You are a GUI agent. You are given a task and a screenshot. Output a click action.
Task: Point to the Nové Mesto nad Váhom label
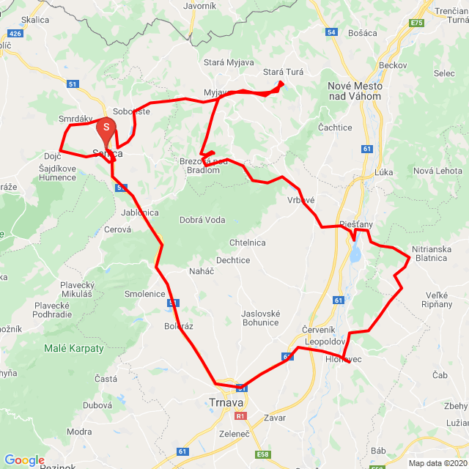tap(355, 91)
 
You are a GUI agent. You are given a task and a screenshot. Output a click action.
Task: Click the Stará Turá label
tap(284, 72)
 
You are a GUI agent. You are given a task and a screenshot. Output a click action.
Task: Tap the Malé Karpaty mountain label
tap(74, 348)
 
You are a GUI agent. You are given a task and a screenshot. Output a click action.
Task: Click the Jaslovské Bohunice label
tap(261, 318)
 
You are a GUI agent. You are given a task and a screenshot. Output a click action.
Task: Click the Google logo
tap(24, 460)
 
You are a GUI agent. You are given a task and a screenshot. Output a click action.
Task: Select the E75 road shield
tap(418, 23)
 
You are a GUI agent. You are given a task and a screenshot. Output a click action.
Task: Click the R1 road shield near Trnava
tap(240, 416)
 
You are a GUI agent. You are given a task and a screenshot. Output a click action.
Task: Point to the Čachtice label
tap(335, 128)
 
